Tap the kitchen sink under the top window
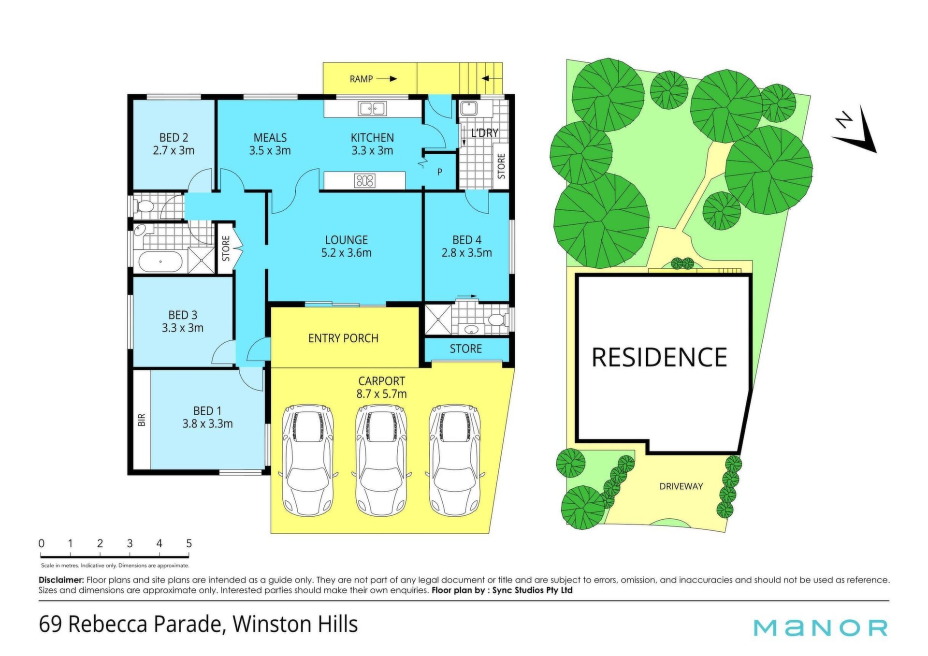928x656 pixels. [x=372, y=109]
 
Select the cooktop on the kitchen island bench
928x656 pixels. [x=364, y=181]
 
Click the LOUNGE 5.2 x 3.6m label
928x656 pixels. [x=346, y=246]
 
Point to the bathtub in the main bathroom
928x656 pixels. [x=160, y=262]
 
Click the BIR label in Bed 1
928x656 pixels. [x=142, y=420]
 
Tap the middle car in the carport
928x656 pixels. [x=381, y=459]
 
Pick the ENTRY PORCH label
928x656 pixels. [x=343, y=338]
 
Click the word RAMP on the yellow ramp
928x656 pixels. [x=361, y=79]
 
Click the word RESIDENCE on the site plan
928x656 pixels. [x=659, y=357]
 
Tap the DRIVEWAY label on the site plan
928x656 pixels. [x=681, y=486]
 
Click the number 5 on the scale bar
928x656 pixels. [x=189, y=543]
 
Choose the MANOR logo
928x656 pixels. [x=821, y=627]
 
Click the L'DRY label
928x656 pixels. [x=484, y=132]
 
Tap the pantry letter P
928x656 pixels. [x=439, y=172]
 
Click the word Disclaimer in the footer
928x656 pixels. [x=61, y=580]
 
